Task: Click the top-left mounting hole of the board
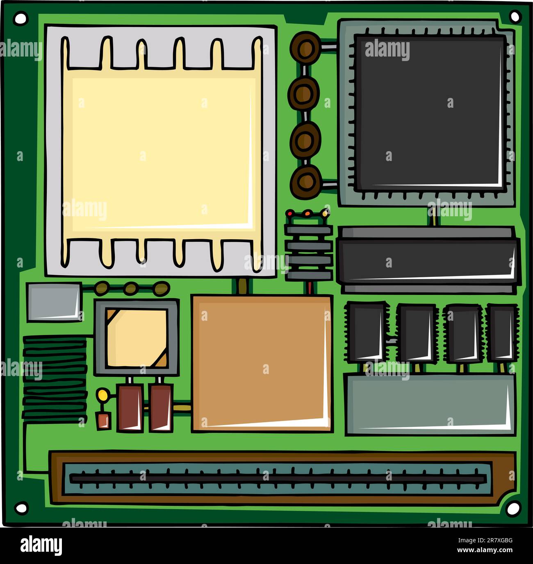pyautogui.click(x=20, y=18)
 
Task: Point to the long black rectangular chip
pyautogui.click(x=428, y=260)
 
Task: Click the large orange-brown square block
pyautogui.click(x=262, y=362)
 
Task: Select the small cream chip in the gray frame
pyautogui.click(x=137, y=338)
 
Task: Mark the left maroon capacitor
pyautogui.click(x=130, y=408)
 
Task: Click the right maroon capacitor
pyautogui.click(x=161, y=408)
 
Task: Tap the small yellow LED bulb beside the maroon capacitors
pyautogui.click(x=102, y=395)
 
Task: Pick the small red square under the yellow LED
pyautogui.click(x=104, y=421)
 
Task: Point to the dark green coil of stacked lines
pyautogui.click(x=55, y=379)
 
